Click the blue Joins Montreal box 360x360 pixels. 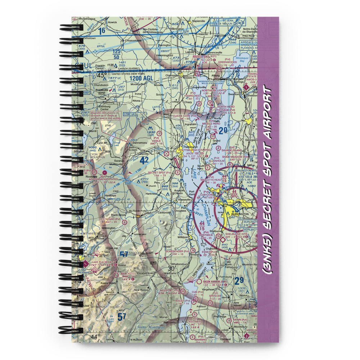[x=151, y=327]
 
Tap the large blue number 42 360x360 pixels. [x=144, y=161]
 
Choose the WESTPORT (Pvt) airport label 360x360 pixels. [x=171, y=290]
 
